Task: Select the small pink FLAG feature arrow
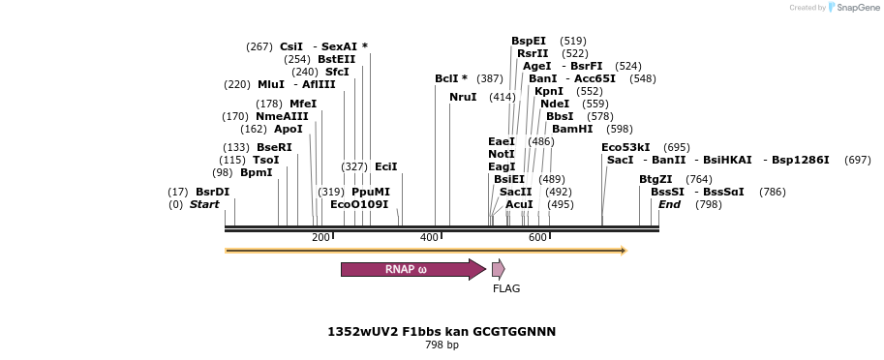click(x=498, y=269)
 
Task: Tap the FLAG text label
click(x=506, y=288)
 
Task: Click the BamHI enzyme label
click(x=572, y=129)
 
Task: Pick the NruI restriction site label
click(x=463, y=97)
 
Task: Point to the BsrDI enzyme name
click(x=212, y=192)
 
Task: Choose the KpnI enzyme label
click(x=549, y=91)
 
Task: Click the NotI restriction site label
click(x=502, y=154)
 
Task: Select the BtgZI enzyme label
click(x=655, y=179)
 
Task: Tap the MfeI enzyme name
click(x=303, y=104)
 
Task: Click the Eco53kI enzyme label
click(x=625, y=147)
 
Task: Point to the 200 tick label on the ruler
click(x=320, y=237)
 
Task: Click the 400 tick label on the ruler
click(x=429, y=237)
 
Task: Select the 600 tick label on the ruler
click(x=537, y=237)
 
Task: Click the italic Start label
click(x=204, y=204)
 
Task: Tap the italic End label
click(x=669, y=204)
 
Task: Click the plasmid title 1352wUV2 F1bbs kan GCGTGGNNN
click(x=442, y=331)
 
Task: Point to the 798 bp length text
click(x=442, y=345)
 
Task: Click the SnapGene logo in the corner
click(x=852, y=8)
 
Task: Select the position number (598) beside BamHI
click(x=619, y=129)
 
